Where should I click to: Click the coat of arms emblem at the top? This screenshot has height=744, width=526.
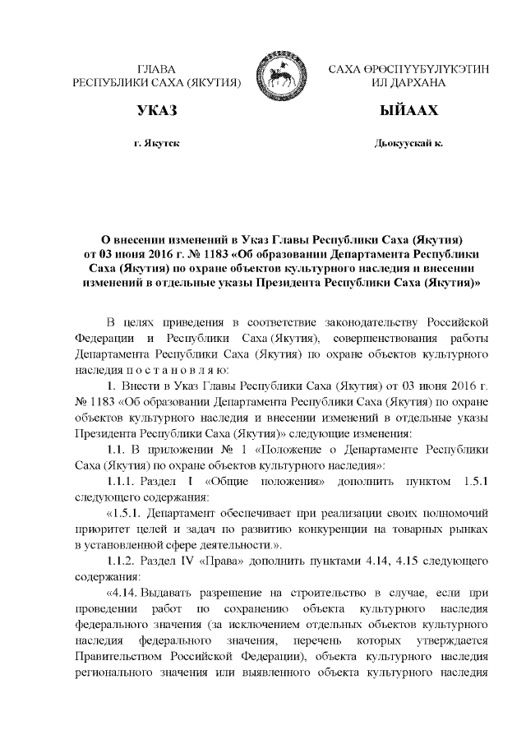(x=280, y=75)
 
